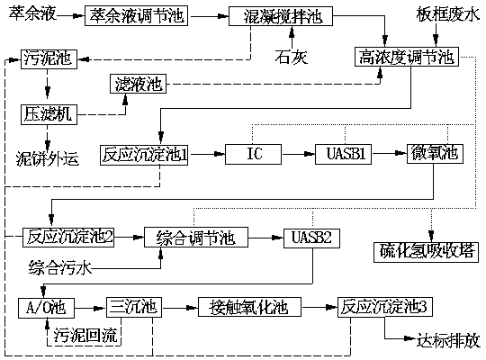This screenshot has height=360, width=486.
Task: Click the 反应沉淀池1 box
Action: pyautogui.click(x=144, y=154)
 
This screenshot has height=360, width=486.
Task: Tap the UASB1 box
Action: pyautogui.click(x=342, y=154)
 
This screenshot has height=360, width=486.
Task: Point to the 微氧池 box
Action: pyautogui.click(x=434, y=154)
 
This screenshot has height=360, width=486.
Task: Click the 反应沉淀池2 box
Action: pyautogui.click(x=68, y=238)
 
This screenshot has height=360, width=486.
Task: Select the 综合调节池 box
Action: pyautogui.click(x=195, y=238)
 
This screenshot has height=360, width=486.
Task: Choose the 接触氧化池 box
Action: pyautogui.click(x=243, y=307)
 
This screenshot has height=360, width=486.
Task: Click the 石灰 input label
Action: pyautogui.click(x=292, y=56)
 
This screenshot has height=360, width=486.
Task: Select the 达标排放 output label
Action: pyautogui.click(x=447, y=340)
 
